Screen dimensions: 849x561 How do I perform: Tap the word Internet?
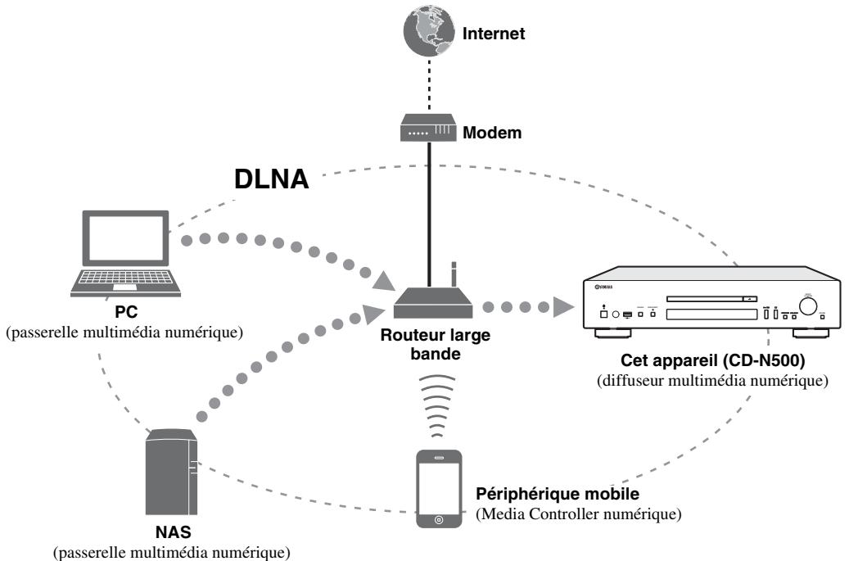(493, 34)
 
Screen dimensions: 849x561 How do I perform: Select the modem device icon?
(428, 128)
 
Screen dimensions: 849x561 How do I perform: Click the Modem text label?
(492, 133)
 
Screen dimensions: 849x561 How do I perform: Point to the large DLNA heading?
(271, 179)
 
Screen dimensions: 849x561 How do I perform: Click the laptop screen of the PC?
(125, 238)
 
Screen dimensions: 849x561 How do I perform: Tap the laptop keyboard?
(125, 279)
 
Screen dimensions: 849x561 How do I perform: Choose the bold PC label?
(125, 312)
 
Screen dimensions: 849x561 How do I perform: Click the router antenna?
(454, 274)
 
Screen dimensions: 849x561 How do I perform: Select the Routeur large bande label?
(436, 344)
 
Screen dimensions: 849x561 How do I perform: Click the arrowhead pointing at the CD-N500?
(563, 307)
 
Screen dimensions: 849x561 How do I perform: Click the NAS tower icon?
(171, 472)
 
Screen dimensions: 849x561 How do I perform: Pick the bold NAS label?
(174, 532)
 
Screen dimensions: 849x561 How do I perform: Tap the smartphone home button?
(439, 520)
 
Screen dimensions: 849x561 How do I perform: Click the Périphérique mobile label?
(558, 494)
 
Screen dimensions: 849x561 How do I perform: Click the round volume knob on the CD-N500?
(808, 306)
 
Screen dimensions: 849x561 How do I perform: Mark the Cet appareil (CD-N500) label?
(712, 360)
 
